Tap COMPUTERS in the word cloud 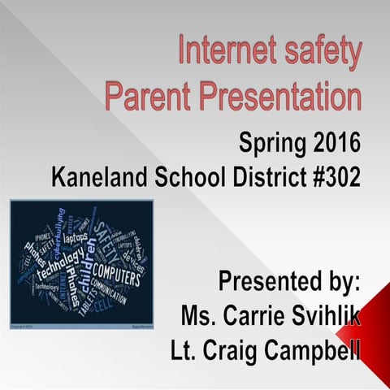117,267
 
